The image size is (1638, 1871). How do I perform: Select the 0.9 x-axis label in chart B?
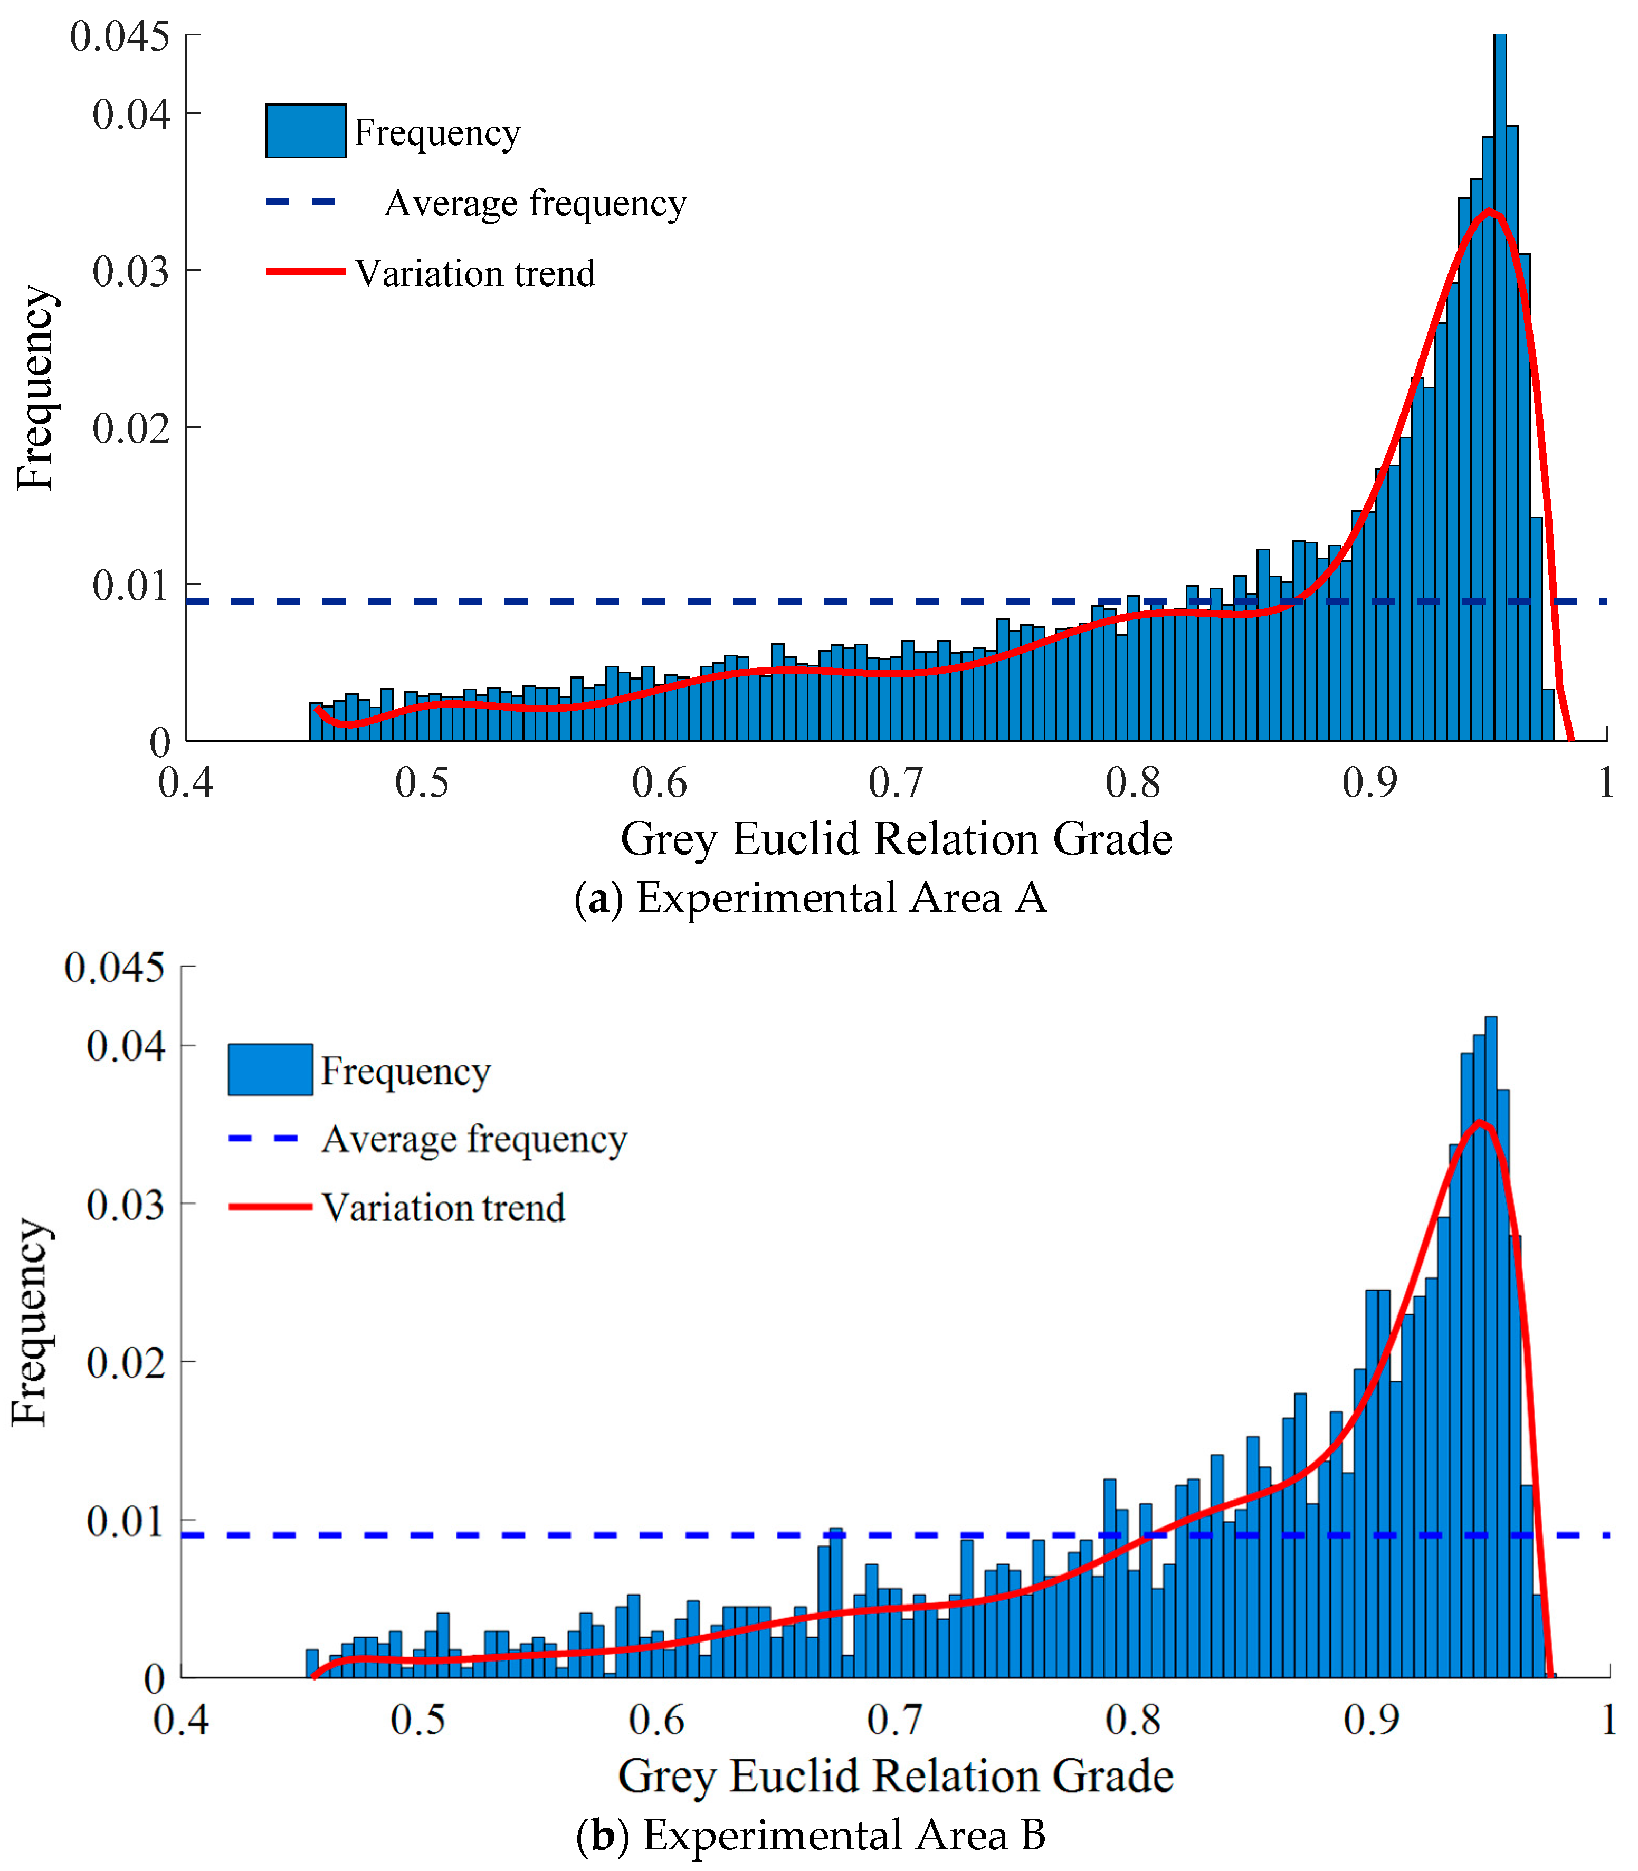(x=1371, y=1720)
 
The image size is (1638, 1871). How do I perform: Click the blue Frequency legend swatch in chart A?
(x=306, y=131)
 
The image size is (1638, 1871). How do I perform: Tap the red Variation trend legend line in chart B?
(x=271, y=1207)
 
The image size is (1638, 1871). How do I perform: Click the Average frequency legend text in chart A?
(x=535, y=203)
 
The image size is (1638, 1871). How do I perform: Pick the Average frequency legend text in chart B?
(x=473, y=1139)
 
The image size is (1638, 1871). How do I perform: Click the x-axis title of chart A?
(x=896, y=839)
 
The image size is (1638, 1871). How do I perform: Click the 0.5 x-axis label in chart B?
(x=418, y=1720)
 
